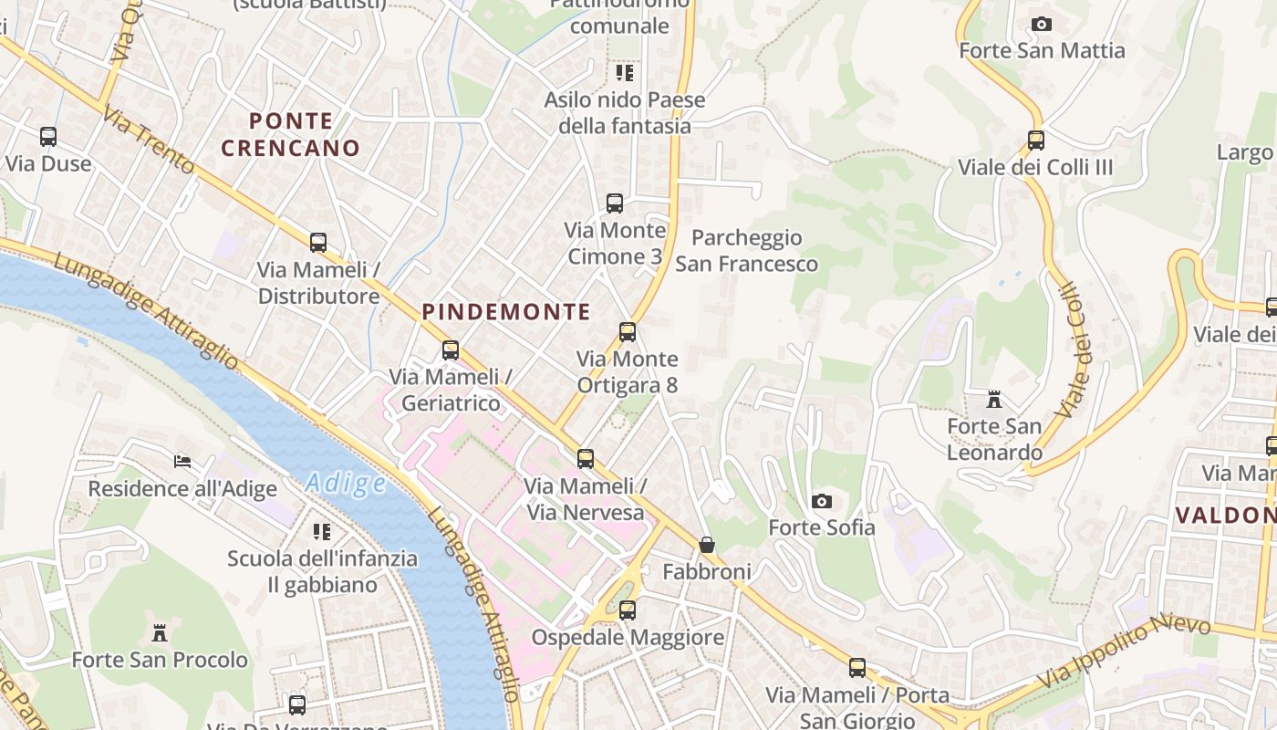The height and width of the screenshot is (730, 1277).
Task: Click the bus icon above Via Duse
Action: tap(48, 137)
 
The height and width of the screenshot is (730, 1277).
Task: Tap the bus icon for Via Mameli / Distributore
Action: tap(318, 243)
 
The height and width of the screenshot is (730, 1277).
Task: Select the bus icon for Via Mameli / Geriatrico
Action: tap(450, 349)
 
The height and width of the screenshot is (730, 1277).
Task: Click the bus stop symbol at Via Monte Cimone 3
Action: tap(615, 203)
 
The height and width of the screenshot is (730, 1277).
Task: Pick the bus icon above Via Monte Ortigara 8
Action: tap(628, 332)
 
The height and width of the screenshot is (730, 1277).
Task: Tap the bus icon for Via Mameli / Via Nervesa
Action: tap(586, 458)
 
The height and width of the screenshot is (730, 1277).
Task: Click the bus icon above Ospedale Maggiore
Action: tap(628, 610)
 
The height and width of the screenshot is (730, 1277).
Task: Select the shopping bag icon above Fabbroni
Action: tap(707, 545)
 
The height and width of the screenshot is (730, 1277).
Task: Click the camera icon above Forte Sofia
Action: tap(822, 501)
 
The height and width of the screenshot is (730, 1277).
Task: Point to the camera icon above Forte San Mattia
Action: tap(1042, 24)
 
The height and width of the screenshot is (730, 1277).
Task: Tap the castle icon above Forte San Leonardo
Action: tap(994, 400)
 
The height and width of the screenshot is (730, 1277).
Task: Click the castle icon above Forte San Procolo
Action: tap(160, 632)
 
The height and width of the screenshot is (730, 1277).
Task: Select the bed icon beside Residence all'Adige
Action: tap(182, 462)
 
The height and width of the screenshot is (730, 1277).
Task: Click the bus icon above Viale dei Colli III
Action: tap(1035, 141)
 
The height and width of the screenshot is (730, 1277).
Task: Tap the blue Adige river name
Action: tap(346, 483)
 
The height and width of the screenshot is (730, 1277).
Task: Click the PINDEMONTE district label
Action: tap(506, 312)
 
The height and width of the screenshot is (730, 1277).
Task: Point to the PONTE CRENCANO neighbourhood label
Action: tap(291, 134)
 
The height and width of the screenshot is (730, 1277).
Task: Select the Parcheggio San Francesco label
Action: tap(746, 251)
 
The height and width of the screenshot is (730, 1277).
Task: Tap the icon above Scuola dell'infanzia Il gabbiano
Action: tap(322, 531)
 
